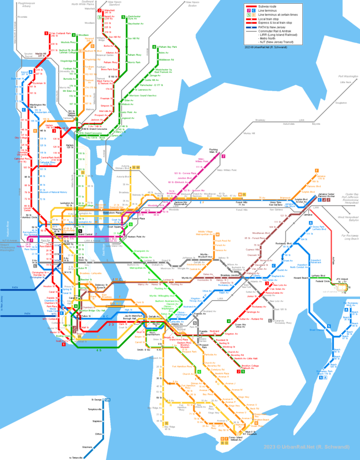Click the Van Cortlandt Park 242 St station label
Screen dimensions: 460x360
click(x=60, y=34)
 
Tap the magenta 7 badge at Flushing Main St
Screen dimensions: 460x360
click(x=224, y=157)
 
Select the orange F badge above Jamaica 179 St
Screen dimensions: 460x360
click(x=317, y=171)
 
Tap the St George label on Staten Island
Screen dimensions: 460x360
click(x=96, y=400)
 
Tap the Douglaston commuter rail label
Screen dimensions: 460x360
click(x=341, y=102)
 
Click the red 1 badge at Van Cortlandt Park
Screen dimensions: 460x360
click(x=46, y=33)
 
